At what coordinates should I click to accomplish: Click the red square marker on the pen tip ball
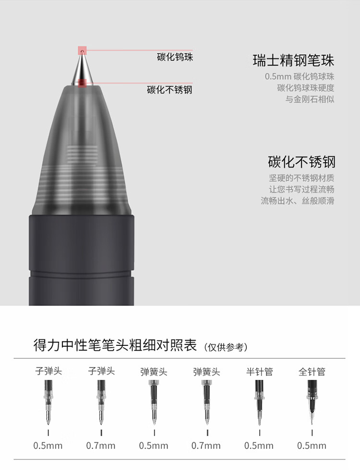point(83,49)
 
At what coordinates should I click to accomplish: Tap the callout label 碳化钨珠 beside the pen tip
point(175,58)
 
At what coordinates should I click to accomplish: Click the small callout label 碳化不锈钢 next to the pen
point(169,90)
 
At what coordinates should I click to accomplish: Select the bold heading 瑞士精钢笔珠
point(293,61)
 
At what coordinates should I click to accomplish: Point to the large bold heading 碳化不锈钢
point(301,161)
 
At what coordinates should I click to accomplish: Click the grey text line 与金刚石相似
point(310,99)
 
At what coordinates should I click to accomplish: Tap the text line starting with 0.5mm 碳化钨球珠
point(300,76)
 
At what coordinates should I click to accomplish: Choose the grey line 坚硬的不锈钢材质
point(301,177)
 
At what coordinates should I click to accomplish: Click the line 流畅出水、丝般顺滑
point(298,200)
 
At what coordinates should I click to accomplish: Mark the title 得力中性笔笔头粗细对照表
point(115,345)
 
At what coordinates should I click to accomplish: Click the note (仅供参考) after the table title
point(226,347)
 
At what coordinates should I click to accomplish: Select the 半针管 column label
point(259,371)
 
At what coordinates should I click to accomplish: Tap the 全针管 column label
point(312,371)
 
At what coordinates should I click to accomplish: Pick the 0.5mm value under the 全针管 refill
point(312,446)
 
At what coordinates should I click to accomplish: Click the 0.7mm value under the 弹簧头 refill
point(206,446)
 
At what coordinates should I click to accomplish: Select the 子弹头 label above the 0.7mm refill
point(101,371)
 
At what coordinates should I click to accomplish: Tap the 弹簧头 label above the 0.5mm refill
point(154,371)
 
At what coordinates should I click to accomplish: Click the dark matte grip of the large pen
point(82,259)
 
